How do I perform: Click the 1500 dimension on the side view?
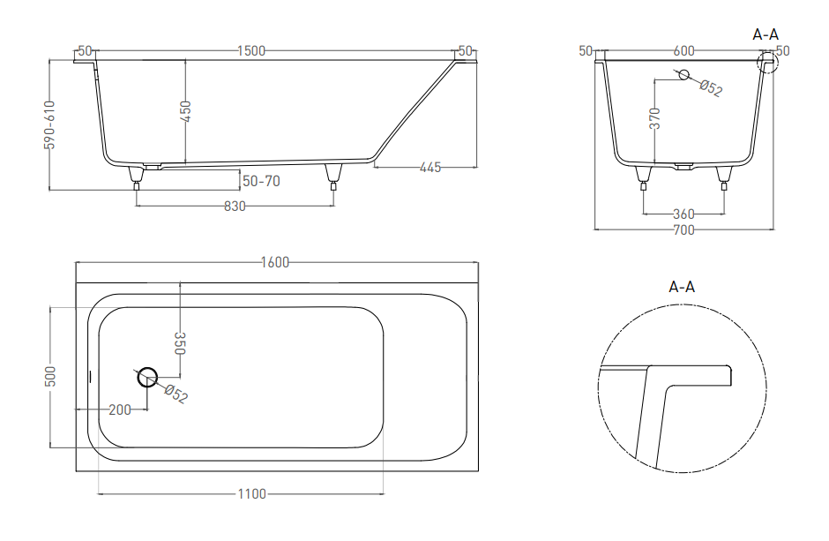(251, 51)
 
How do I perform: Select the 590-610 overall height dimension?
(49, 124)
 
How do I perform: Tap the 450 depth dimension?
(185, 111)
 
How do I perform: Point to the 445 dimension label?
(430, 167)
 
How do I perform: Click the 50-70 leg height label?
(261, 181)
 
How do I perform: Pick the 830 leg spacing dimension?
(235, 206)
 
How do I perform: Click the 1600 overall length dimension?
(275, 262)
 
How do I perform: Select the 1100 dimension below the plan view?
(251, 494)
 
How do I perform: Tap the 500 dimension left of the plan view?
(49, 376)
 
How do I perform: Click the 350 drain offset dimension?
(180, 343)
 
